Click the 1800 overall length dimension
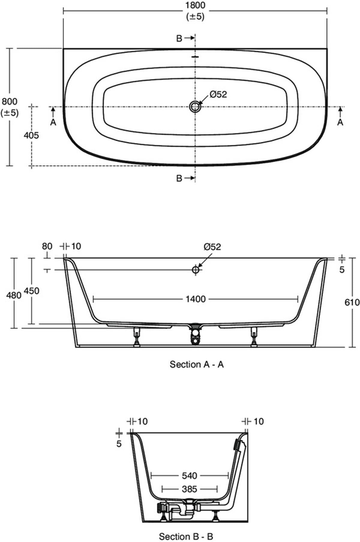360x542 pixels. pos(195,6)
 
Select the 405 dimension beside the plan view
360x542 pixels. pos(31,135)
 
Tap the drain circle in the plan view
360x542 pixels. pos(195,106)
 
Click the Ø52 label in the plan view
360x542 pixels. pos(218,94)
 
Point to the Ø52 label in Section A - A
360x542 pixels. pos(212,247)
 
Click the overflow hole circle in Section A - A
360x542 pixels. pos(196,270)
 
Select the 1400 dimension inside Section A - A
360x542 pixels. pos(195,299)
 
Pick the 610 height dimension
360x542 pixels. pos(352,302)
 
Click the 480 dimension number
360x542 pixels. pos(14,295)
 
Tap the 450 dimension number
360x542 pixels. pos(31,291)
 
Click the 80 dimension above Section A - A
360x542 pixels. pos(47,246)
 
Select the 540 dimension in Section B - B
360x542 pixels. pos(190,475)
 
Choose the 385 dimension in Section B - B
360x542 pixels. pos(190,489)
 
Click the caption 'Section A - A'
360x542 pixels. pos(197,364)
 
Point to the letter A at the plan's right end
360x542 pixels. pos(340,122)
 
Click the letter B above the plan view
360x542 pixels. pos(179,38)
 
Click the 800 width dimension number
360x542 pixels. pos(10,102)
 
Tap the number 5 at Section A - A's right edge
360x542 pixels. pos(342,270)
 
